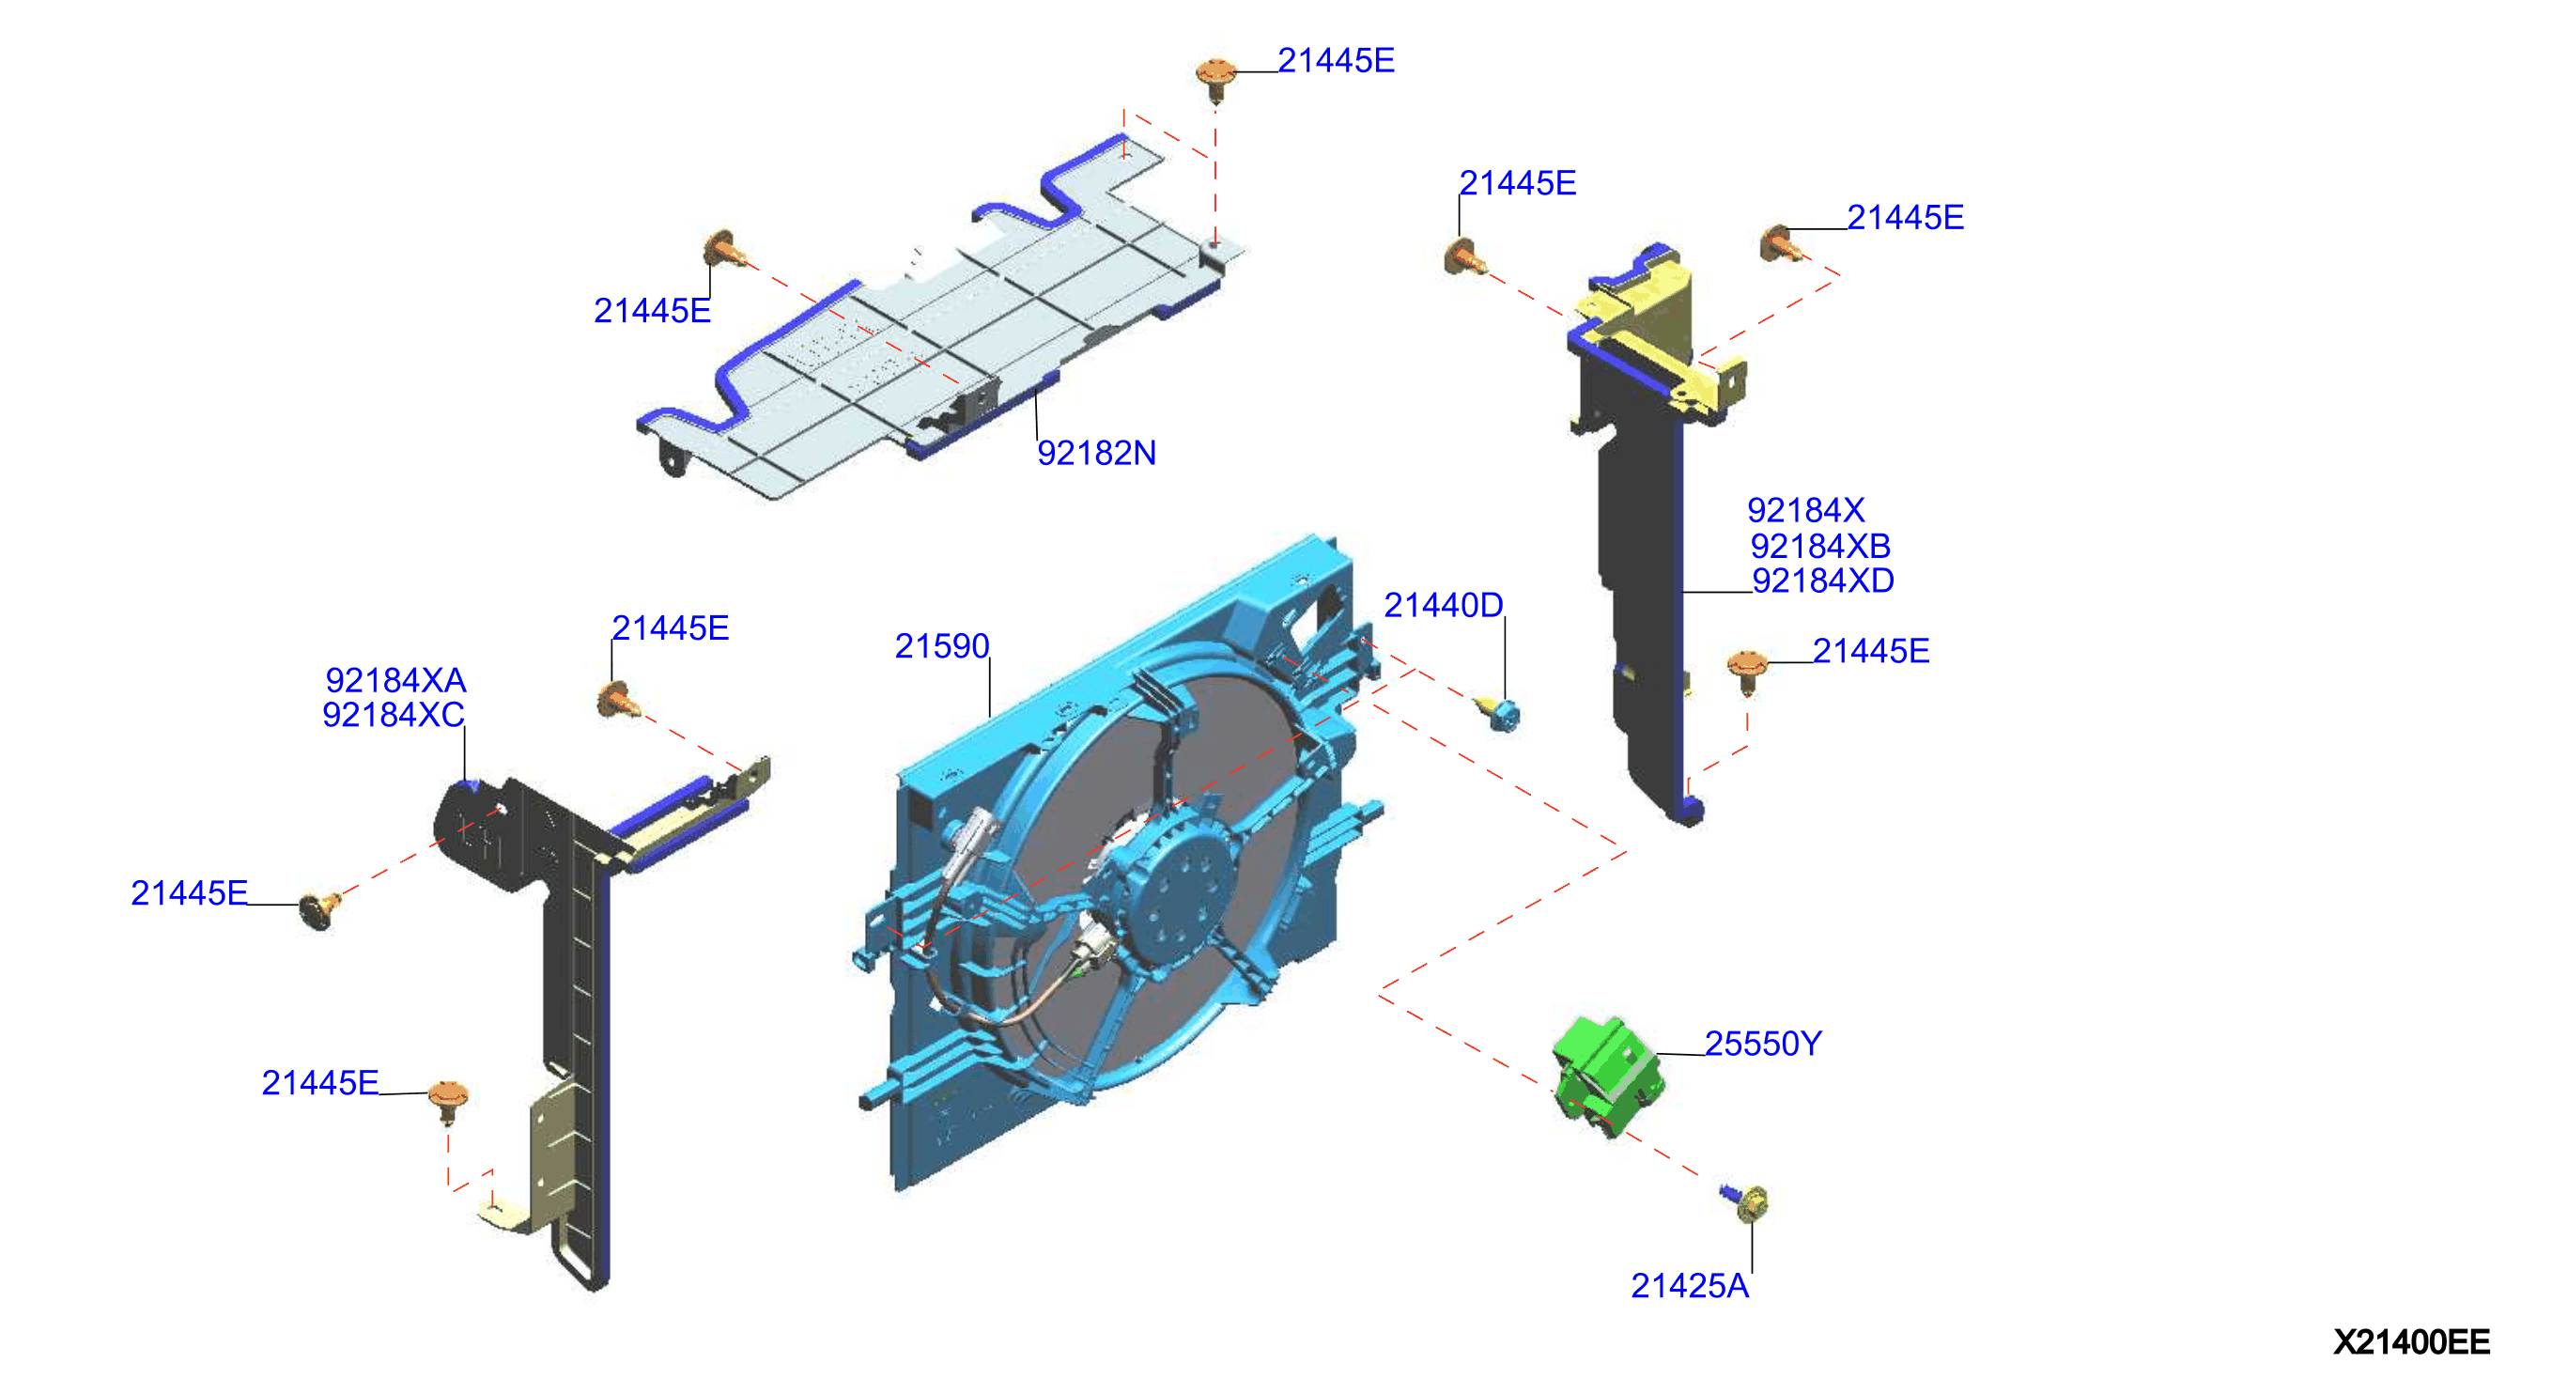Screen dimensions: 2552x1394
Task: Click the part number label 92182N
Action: tap(1096, 453)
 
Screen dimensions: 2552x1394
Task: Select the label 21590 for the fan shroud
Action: tap(941, 646)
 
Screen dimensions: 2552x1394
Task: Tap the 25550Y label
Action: tap(1762, 1044)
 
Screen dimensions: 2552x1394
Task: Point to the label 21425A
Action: tap(1689, 1285)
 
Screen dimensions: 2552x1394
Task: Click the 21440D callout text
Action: tap(1443, 604)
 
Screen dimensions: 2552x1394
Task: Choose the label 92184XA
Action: tap(395, 680)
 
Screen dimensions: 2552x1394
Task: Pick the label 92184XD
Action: tap(1823, 580)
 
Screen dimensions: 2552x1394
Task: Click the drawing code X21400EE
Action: tap(2410, 1341)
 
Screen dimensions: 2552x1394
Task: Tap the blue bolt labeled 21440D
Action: tap(1498, 711)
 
